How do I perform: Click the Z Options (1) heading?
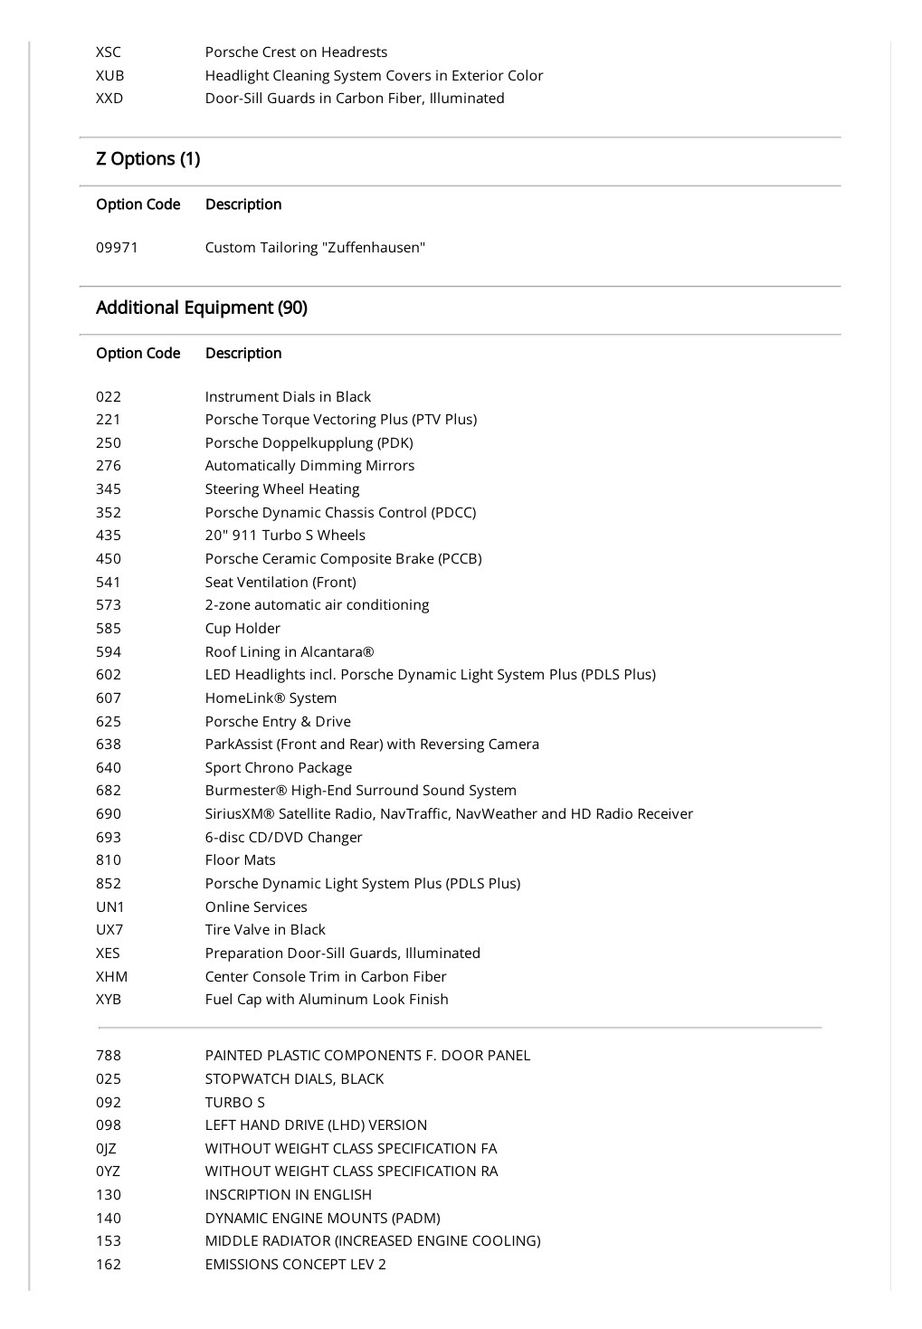click(x=147, y=159)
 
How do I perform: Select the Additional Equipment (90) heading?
click(x=201, y=308)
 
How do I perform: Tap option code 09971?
click(x=117, y=248)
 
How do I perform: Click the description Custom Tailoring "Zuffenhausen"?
click(x=315, y=248)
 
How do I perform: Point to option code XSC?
click(x=109, y=52)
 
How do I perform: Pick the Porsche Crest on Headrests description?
click(x=296, y=52)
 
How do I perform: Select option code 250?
click(x=109, y=443)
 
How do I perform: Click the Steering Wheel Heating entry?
click(x=282, y=489)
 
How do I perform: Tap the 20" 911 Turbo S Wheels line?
click(x=285, y=536)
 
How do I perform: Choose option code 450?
click(x=109, y=559)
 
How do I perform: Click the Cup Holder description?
click(x=242, y=629)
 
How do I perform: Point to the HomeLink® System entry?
click(x=271, y=698)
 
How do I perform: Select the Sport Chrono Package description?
click(x=279, y=768)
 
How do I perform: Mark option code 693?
click(x=109, y=838)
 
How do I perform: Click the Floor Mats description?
click(x=240, y=860)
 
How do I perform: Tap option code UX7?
click(x=109, y=930)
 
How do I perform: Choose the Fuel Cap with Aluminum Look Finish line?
click(x=327, y=1000)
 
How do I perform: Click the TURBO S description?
click(x=235, y=1103)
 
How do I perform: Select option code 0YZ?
click(x=108, y=1172)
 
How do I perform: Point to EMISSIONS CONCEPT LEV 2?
click(x=296, y=1265)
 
